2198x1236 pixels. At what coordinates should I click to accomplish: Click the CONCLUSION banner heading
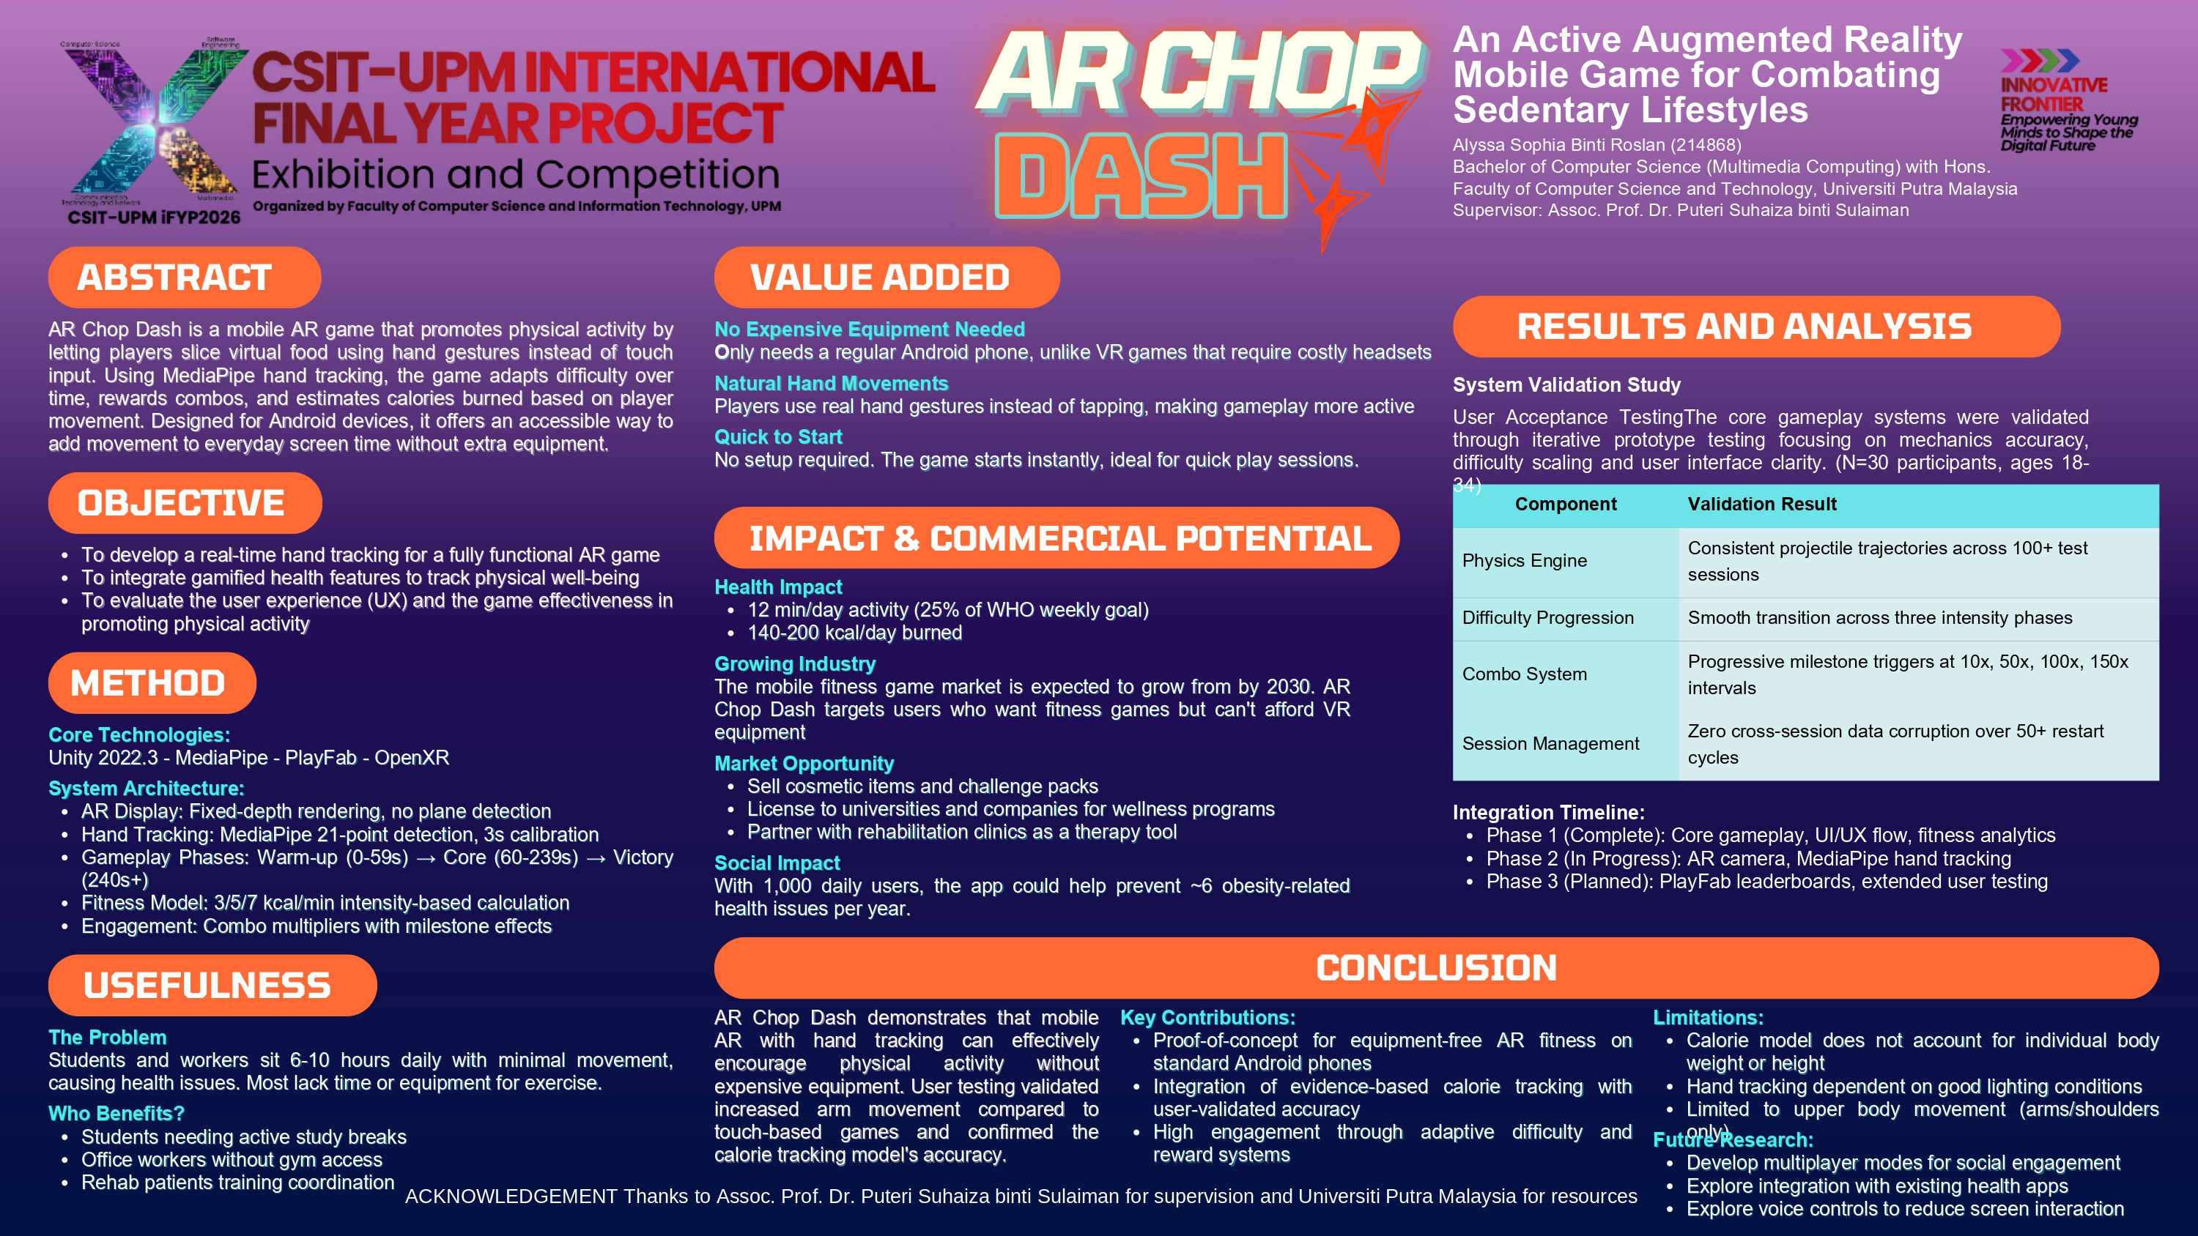tap(1435, 968)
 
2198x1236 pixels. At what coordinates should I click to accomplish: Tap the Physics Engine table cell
tap(1524, 560)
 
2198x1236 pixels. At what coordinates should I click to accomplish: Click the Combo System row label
tap(1524, 674)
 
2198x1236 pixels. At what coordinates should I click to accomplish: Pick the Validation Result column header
tap(1761, 504)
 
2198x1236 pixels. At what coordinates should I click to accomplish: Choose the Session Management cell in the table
tap(1550, 744)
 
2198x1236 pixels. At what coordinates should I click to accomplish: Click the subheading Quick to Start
tap(777, 436)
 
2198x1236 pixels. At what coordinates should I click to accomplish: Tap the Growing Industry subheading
tap(794, 663)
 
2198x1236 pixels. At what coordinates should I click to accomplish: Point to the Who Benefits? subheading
tap(116, 1113)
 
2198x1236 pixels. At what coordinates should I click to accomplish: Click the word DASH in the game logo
tap(1140, 176)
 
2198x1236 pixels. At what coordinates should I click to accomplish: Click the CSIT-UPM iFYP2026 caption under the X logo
tap(155, 217)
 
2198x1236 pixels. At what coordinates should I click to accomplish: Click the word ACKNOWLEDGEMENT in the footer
tap(510, 1196)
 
